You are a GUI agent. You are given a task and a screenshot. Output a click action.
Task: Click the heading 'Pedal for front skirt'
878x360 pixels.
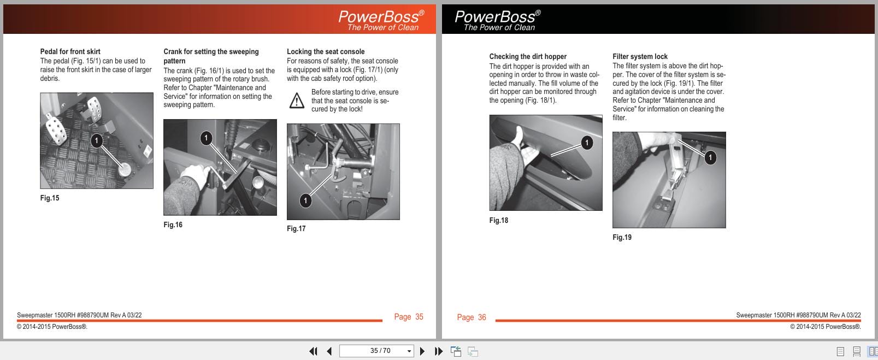pyautogui.click(x=70, y=51)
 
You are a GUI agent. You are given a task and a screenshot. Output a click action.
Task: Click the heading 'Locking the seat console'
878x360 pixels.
pyautogui.click(x=326, y=51)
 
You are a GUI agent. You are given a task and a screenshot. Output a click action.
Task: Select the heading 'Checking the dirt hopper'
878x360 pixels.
pyautogui.click(x=527, y=56)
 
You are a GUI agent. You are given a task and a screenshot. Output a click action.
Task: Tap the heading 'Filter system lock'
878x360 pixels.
pyautogui.click(x=640, y=56)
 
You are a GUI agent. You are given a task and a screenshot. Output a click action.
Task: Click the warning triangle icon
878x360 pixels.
pyautogui.click(x=297, y=101)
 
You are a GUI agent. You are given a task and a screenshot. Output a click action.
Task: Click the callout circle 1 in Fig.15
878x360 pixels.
pyautogui.click(x=97, y=141)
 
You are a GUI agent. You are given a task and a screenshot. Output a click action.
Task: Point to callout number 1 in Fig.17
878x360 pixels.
pyautogui.click(x=305, y=200)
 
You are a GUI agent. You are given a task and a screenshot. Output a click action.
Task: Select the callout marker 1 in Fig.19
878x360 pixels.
pyautogui.click(x=710, y=158)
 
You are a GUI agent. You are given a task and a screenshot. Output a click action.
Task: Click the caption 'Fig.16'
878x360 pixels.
pyautogui.click(x=173, y=225)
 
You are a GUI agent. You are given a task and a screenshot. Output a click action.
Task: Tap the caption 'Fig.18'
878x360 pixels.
pyautogui.click(x=498, y=220)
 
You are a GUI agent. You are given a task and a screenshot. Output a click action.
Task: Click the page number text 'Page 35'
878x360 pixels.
pyautogui.click(x=409, y=317)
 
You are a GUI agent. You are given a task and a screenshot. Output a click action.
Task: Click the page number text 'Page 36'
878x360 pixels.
pyautogui.click(x=471, y=317)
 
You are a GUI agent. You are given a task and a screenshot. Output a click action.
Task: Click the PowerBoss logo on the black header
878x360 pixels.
pyautogui.click(x=497, y=20)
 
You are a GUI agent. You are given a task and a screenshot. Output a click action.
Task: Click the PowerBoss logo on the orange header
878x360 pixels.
pyautogui.click(x=381, y=20)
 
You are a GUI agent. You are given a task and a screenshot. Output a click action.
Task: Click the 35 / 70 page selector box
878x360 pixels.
pyautogui.click(x=376, y=351)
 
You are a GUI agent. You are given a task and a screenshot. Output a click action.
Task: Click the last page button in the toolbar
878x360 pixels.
pyautogui.click(x=438, y=351)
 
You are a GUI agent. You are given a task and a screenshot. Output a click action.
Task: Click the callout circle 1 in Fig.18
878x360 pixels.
pyautogui.click(x=586, y=143)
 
